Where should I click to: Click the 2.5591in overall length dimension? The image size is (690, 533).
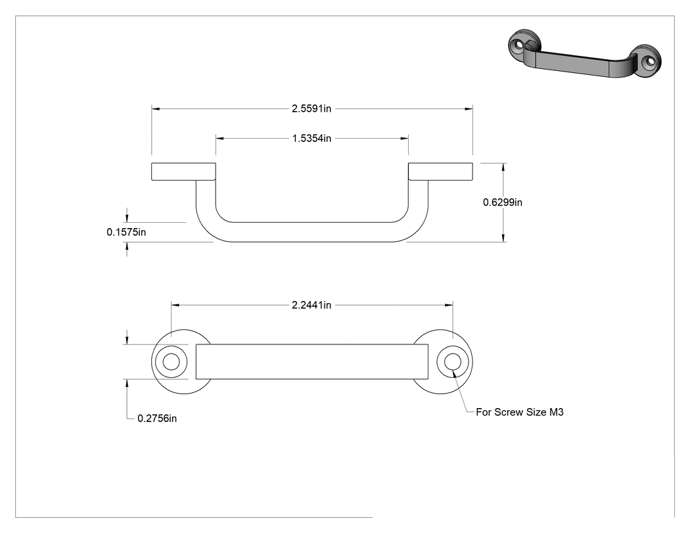311,108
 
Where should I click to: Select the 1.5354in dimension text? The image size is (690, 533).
311,138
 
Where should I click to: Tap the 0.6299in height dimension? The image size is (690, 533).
503,202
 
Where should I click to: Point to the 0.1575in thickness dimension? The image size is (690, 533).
126,232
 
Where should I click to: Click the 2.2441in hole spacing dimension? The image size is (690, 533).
311,304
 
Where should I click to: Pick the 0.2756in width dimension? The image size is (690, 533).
157,418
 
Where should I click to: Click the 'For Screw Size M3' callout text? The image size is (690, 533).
520,412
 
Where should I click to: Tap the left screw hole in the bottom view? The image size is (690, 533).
171,361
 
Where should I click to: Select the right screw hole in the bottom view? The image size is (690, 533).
452,361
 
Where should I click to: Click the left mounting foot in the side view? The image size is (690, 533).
183,172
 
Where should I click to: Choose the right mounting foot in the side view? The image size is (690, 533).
440,172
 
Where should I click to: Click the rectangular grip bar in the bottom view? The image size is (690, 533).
311,361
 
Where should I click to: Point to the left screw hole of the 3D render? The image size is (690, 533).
519,45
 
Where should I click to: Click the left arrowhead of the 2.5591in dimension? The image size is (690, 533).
156,108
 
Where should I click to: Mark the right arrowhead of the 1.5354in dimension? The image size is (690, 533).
404,138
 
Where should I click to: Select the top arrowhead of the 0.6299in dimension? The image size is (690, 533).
503,167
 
